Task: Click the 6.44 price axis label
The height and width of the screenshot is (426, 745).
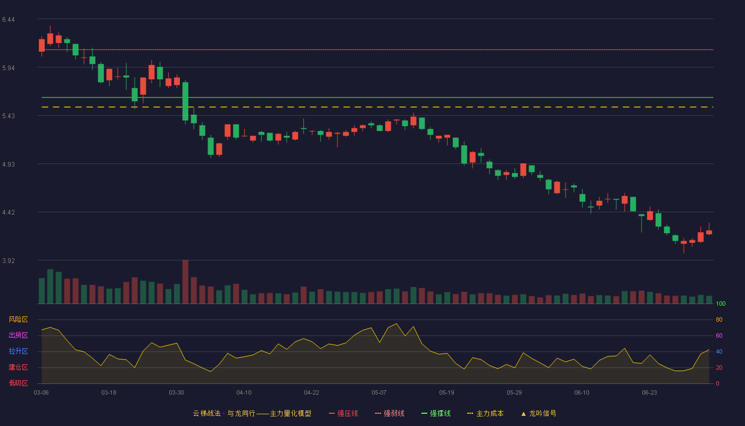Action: (9, 20)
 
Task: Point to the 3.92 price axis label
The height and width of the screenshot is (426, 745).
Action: (9, 260)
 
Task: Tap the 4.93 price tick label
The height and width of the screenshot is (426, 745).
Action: (9, 165)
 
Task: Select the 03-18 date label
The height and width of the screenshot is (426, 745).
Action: (109, 393)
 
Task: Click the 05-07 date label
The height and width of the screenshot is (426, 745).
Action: (379, 393)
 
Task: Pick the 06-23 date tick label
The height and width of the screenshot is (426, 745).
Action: (649, 393)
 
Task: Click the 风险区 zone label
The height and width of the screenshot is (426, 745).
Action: (18, 319)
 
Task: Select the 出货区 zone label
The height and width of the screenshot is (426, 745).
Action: (18, 335)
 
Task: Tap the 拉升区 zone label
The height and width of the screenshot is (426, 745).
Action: (18, 351)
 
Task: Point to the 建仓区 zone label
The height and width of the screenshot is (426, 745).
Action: (18, 367)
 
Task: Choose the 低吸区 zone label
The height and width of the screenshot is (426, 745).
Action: (18, 383)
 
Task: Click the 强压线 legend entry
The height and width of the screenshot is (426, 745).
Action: (343, 413)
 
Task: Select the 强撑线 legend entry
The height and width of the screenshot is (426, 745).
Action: (436, 413)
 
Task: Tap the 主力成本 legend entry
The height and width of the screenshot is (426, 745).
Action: (485, 413)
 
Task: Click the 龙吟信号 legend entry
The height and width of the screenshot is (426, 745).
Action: (539, 413)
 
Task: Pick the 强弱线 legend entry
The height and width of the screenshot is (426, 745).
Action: (390, 413)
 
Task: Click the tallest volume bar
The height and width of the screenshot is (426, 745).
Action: (185, 282)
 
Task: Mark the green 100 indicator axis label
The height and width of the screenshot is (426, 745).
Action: (721, 304)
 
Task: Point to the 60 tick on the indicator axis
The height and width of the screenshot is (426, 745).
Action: (719, 335)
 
